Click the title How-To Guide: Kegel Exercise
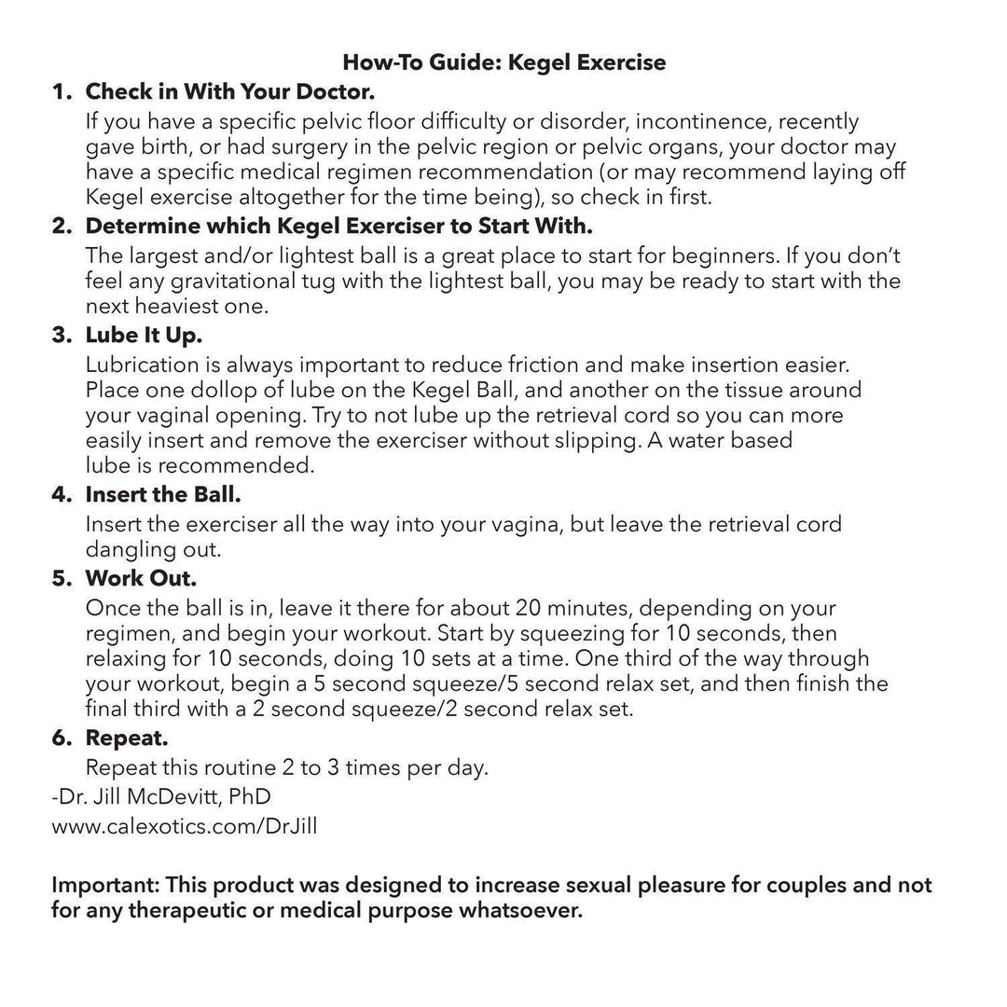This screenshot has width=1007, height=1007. click(504, 62)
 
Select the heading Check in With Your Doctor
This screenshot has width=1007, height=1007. click(229, 92)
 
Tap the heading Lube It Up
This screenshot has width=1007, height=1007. click(144, 334)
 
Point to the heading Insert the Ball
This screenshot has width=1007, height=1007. click(163, 494)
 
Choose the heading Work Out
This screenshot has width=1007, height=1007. click(141, 578)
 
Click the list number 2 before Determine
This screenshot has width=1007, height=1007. click(62, 227)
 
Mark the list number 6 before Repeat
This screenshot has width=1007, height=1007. click(62, 738)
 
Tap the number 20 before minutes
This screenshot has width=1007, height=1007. click(528, 608)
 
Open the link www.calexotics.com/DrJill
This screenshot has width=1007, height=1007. click(184, 826)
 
